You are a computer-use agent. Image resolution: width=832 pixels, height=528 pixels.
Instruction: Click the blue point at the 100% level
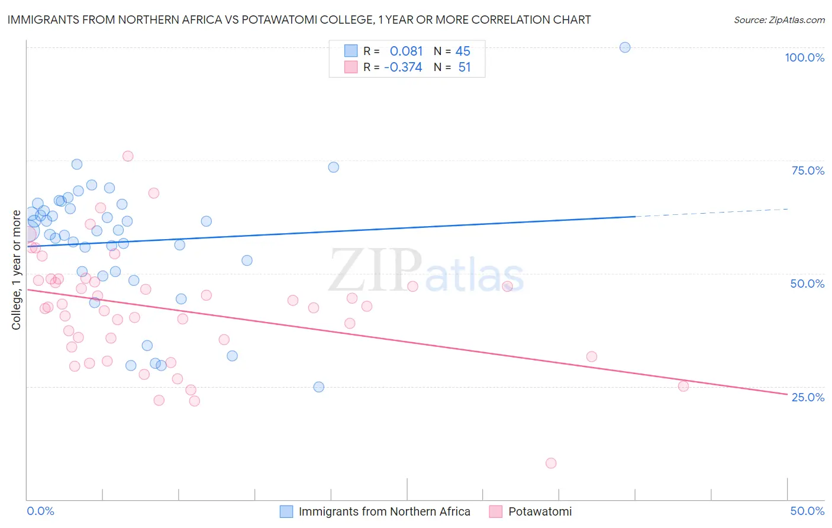[625, 47]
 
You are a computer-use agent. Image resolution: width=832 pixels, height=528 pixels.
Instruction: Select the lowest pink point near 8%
[551, 463]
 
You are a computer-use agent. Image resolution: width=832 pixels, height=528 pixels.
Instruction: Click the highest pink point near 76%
[128, 156]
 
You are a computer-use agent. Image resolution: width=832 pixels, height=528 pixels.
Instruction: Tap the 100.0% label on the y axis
[804, 57]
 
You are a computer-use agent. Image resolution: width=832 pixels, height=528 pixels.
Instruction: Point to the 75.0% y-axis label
[808, 170]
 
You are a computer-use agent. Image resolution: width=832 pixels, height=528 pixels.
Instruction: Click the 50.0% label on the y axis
[807, 284]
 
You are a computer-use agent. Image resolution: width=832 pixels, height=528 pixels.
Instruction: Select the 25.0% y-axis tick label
[808, 397]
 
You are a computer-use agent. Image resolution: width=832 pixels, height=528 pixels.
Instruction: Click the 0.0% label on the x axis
[40, 511]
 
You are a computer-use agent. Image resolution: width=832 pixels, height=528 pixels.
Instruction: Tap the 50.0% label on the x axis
[807, 511]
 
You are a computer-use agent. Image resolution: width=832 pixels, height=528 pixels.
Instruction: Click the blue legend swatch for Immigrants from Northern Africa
[286, 511]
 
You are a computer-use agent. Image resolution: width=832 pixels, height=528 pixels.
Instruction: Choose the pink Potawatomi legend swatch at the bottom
[496, 511]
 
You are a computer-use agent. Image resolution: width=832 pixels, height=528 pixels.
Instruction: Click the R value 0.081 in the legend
[406, 51]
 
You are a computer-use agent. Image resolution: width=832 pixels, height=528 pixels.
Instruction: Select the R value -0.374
[403, 67]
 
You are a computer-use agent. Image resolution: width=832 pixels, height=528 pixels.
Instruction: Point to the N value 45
[463, 51]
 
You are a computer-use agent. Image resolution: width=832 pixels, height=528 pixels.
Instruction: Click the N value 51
[465, 67]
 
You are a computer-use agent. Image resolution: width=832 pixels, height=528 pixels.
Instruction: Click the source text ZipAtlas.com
[779, 20]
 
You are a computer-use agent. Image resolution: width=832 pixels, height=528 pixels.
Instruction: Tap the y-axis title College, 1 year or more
[17, 270]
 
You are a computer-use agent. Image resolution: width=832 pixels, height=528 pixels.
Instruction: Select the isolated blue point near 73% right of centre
[334, 168]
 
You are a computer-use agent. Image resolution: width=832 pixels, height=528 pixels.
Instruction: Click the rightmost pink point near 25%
[683, 386]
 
